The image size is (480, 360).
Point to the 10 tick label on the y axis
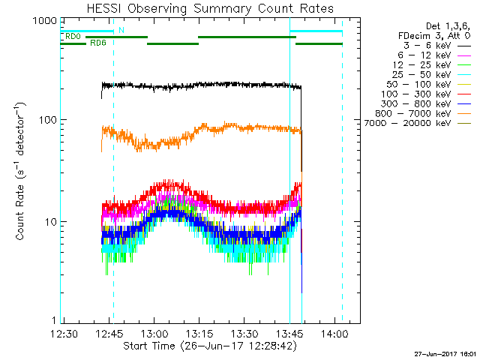point(49,222)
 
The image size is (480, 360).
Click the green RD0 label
point(73,35)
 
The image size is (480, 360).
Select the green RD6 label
point(97,43)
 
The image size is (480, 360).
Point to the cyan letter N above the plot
point(121,30)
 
